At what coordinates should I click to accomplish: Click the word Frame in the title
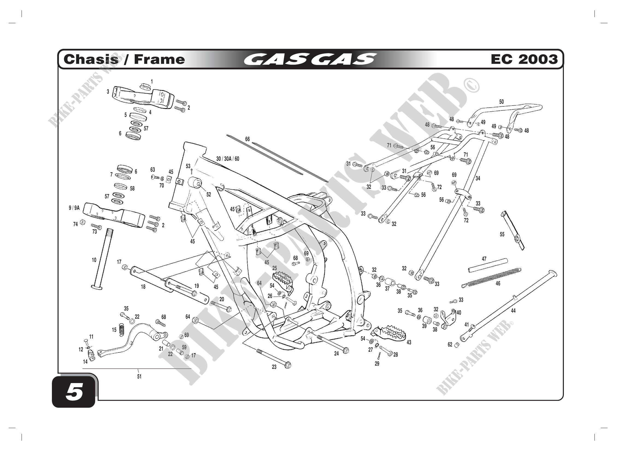tap(159, 59)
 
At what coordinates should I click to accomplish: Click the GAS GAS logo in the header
tap(310, 59)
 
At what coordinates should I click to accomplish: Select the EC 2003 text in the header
tap(524, 59)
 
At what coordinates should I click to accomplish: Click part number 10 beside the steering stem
tap(94, 260)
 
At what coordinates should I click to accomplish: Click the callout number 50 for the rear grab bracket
tap(501, 102)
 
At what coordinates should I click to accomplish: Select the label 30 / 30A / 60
tap(228, 159)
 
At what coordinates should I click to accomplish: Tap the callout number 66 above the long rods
tap(248, 139)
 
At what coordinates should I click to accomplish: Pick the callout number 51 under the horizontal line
tap(139, 377)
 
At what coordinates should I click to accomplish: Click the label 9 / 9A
tap(74, 208)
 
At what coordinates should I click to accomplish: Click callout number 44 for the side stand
tap(513, 311)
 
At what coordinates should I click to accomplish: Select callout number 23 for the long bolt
tap(274, 367)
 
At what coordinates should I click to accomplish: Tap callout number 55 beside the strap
tap(502, 235)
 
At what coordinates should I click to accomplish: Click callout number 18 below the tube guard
tap(143, 287)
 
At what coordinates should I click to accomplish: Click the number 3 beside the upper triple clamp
tap(108, 92)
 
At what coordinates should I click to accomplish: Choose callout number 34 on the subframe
tap(478, 178)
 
